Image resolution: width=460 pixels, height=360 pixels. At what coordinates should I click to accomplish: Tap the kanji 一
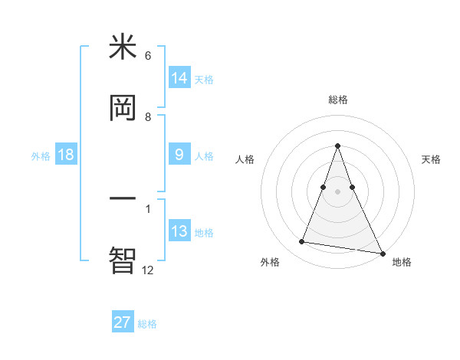(x=123, y=199)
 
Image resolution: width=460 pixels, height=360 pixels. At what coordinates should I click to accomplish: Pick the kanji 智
(x=123, y=259)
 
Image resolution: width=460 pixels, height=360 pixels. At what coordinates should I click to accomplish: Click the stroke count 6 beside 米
(x=148, y=56)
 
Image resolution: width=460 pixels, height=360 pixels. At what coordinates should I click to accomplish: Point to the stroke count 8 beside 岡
(x=148, y=117)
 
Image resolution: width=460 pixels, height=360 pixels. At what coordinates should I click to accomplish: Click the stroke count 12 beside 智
(x=147, y=270)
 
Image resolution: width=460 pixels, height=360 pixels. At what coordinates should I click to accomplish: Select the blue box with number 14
(x=179, y=77)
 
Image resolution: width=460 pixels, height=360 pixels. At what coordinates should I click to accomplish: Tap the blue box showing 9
(x=179, y=155)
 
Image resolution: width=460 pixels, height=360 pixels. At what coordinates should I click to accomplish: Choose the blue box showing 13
(x=179, y=231)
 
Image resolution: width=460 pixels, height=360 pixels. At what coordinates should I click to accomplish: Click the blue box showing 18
(x=66, y=155)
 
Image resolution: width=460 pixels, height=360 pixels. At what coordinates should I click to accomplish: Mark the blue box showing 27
(x=123, y=322)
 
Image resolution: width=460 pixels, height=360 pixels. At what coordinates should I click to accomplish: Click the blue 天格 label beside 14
(x=204, y=79)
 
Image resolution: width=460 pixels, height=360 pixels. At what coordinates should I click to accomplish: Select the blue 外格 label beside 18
(x=41, y=156)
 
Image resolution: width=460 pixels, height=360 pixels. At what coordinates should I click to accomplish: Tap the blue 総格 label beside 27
(x=147, y=324)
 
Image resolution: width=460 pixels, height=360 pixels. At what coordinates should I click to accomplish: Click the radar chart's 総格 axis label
(x=337, y=100)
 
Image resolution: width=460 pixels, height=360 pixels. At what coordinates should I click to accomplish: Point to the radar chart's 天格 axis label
(x=431, y=159)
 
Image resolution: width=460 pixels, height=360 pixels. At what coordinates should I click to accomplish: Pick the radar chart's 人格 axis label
(x=245, y=159)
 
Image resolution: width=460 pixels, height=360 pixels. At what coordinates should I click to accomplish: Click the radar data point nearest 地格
(x=382, y=253)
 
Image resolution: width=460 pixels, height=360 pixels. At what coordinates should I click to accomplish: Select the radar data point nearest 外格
(x=301, y=242)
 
